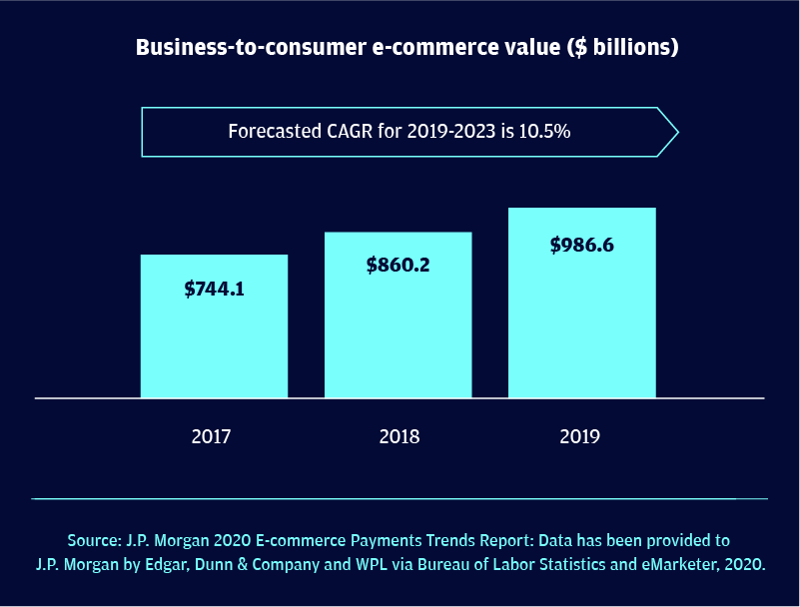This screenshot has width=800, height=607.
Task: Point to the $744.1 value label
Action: [214, 289]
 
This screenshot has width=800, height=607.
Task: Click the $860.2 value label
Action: [398, 266]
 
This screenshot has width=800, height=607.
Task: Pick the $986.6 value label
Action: [581, 245]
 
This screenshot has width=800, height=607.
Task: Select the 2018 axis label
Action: [400, 436]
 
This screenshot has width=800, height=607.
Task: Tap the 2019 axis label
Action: [580, 436]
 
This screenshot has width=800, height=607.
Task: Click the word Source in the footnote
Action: [93, 540]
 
